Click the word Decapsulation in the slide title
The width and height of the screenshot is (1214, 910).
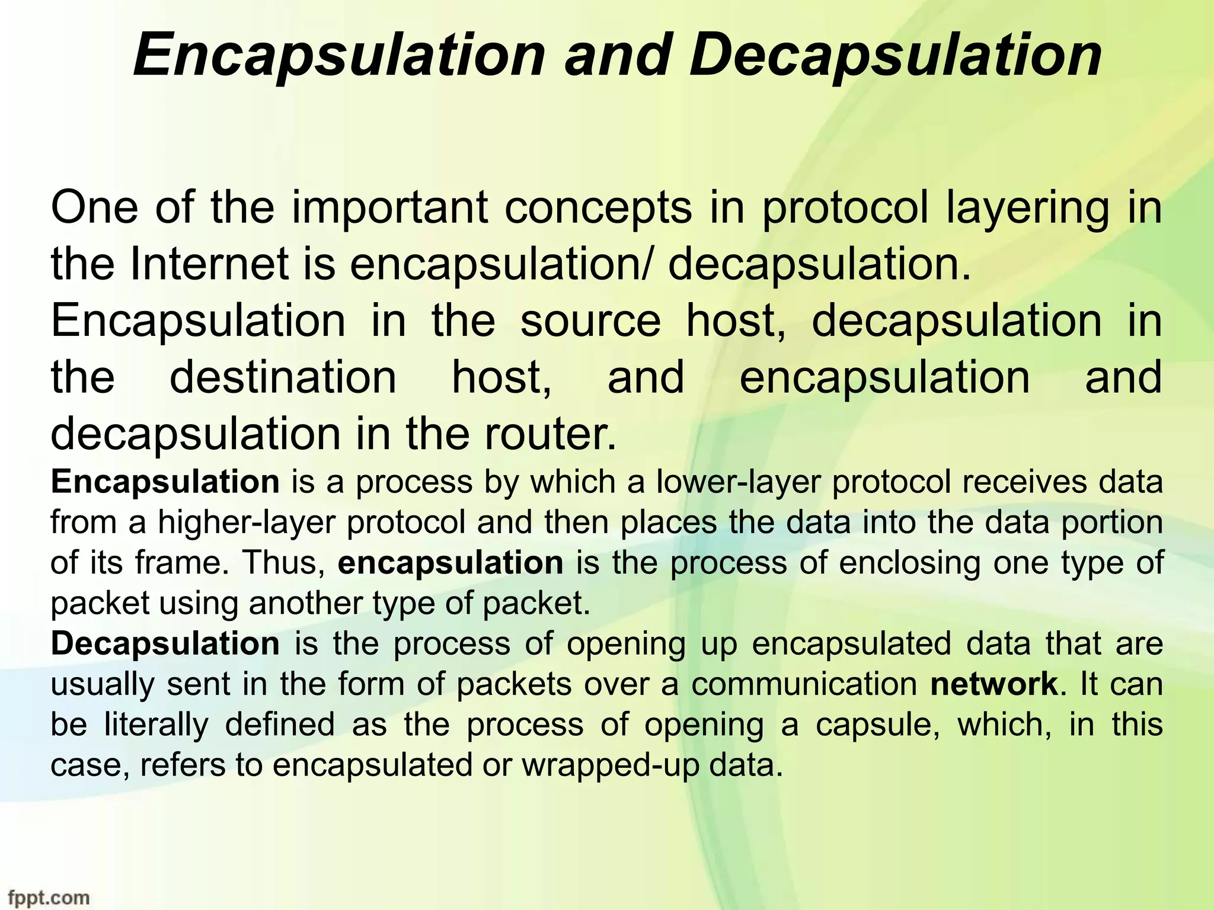point(895,55)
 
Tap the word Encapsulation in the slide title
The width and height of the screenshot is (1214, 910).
point(338,55)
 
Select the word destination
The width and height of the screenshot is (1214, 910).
point(283,377)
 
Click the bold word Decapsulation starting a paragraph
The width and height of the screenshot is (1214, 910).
point(165,643)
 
